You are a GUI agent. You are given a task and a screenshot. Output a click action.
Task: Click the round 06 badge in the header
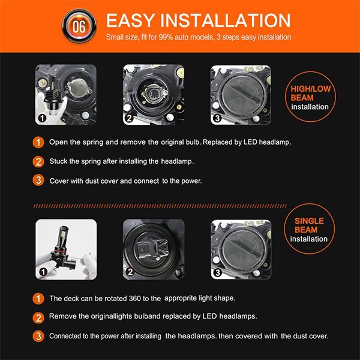tap(79, 26)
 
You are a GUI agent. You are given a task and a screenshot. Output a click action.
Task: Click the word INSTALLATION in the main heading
tap(225, 20)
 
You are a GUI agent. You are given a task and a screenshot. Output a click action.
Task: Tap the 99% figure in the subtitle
tap(166, 37)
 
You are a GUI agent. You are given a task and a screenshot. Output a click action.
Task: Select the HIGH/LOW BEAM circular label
tap(310, 97)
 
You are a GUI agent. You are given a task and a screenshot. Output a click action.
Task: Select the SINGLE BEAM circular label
tap(309, 229)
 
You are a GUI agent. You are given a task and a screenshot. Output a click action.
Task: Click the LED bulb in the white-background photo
tap(62, 247)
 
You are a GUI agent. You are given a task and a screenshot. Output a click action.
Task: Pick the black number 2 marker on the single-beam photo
tap(130, 272)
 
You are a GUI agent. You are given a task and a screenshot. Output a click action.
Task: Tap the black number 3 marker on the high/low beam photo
tap(217, 118)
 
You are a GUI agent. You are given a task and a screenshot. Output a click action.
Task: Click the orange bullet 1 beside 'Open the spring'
tap(38, 142)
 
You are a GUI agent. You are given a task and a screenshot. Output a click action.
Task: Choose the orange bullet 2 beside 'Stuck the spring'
tap(38, 161)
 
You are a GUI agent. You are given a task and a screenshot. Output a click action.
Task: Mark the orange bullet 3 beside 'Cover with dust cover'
tap(38, 180)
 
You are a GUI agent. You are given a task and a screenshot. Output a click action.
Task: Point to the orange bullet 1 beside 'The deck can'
tap(38, 299)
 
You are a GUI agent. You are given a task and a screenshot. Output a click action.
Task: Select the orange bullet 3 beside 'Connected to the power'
tap(38, 337)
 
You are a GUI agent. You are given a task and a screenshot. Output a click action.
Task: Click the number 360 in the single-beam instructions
tap(134, 298)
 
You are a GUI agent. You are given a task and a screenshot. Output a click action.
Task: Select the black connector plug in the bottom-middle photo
tap(145, 250)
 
